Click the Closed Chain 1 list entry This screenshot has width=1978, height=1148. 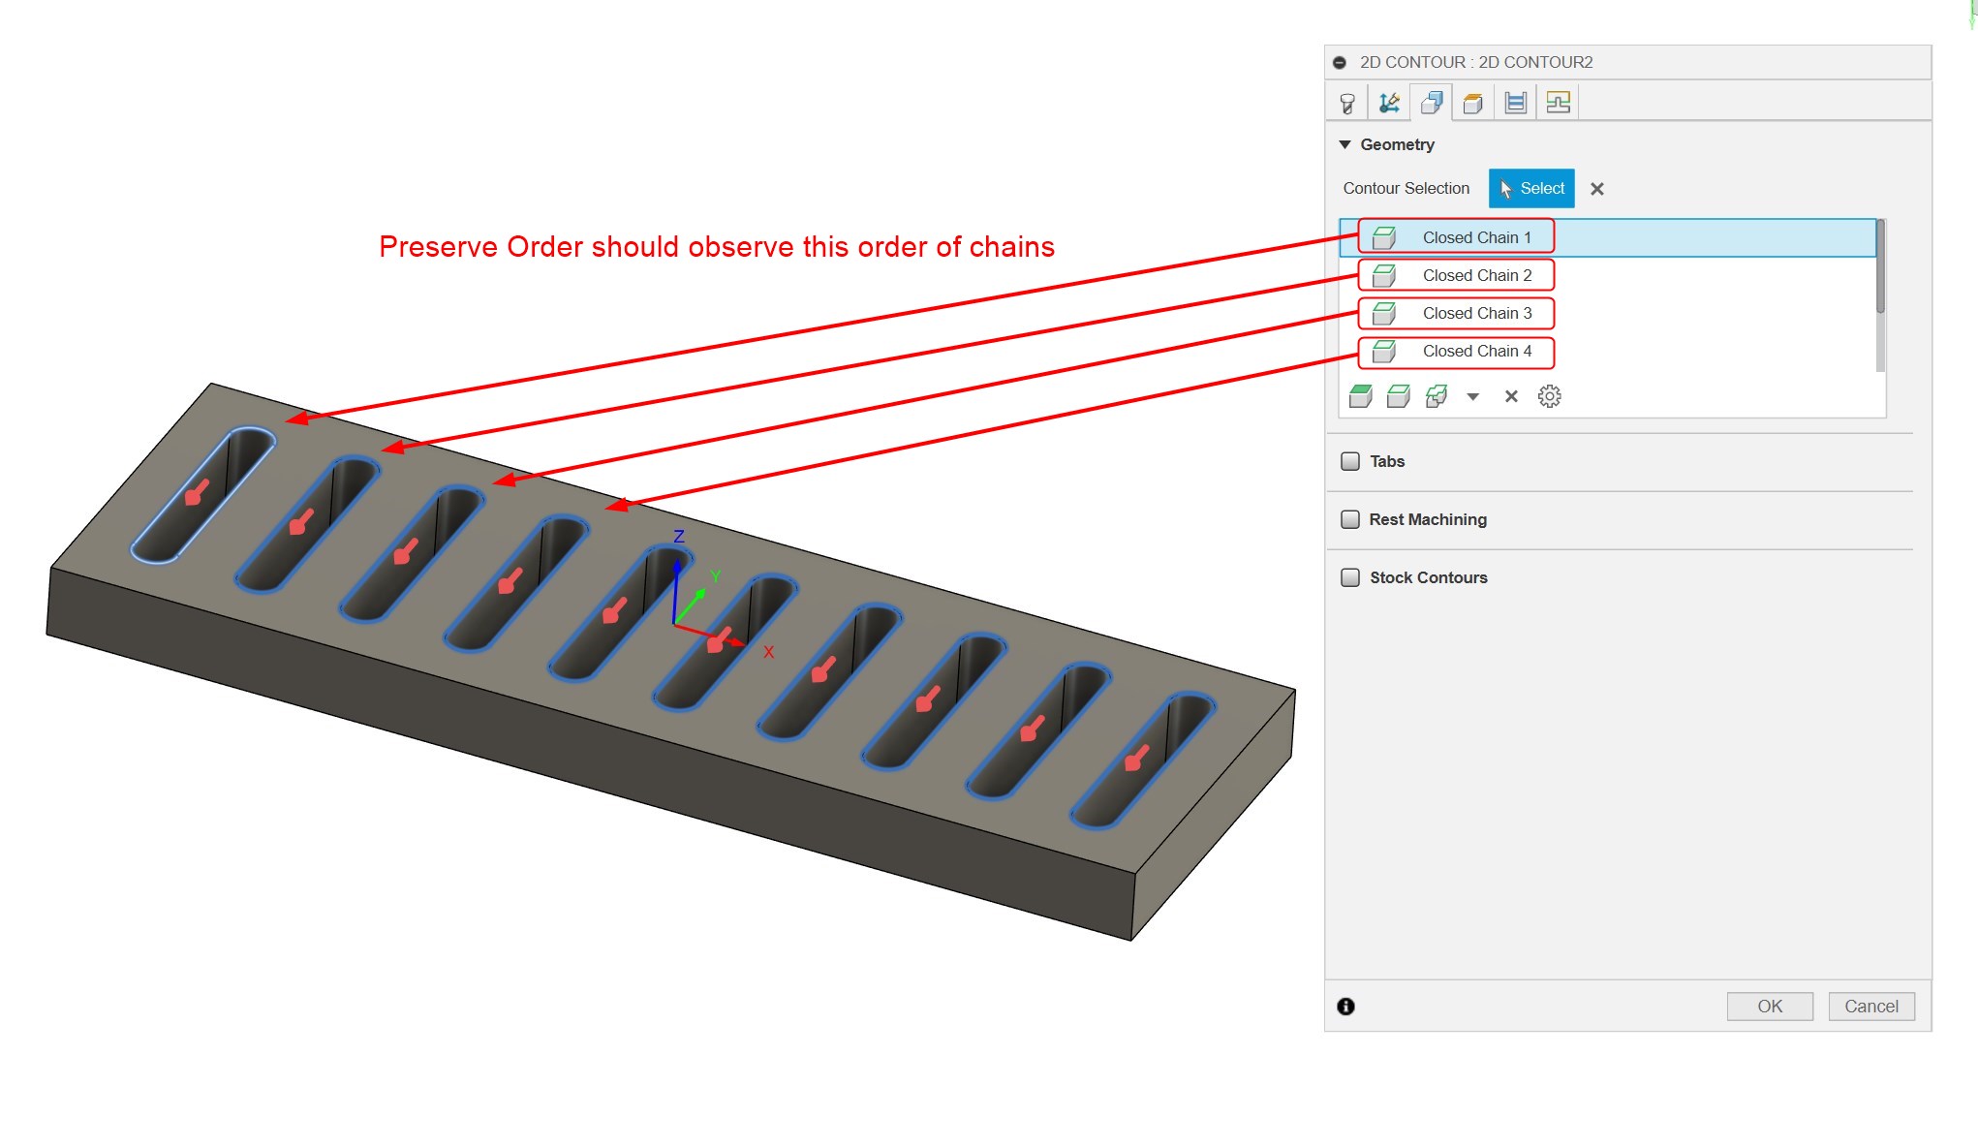[x=1476, y=237]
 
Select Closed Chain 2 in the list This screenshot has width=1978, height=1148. [x=1476, y=275]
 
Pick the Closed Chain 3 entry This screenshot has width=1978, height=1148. [x=1476, y=313]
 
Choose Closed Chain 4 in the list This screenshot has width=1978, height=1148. [x=1476, y=351]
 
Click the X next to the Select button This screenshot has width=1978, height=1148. [x=1597, y=189]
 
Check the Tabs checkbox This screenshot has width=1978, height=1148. [x=1350, y=461]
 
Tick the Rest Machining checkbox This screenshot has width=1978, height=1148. [x=1350, y=519]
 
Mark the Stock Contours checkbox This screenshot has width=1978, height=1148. [x=1350, y=577]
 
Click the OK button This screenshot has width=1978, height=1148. [x=1770, y=1006]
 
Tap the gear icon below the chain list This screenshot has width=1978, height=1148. [x=1550, y=396]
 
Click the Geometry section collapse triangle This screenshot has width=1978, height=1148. [x=1344, y=144]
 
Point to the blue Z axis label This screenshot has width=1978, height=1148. [x=679, y=537]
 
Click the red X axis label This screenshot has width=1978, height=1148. [x=768, y=652]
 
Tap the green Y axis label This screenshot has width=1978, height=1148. [x=716, y=577]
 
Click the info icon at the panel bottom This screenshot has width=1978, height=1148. [x=1346, y=1007]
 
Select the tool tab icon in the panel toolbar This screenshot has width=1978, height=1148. [x=1347, y=103]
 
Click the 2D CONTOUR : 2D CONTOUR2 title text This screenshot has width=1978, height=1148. [x=1475, y=62]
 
